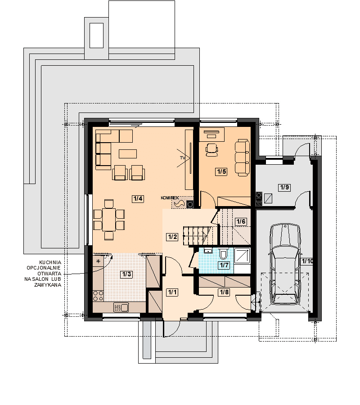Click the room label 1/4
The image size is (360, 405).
[138, 198]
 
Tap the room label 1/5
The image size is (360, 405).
[221, 171]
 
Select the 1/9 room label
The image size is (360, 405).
[284, 187]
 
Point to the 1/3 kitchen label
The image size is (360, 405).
[126, 274]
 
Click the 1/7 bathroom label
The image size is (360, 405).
[224, 265]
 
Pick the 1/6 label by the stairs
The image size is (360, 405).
[241, 221]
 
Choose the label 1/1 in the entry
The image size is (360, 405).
[172, 292]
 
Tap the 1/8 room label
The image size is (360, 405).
[224, 292]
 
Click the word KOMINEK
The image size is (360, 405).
[170, 198]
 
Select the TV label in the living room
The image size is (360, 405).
[183, 157]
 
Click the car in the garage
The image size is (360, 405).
[285, 264]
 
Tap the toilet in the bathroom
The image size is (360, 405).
[223, 253]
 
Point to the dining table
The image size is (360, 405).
[109, 220]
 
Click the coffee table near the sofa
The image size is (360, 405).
[128, 154]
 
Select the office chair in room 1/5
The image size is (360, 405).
[212, 150]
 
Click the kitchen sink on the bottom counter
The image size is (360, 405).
[121, 307]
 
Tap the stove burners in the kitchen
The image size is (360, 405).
[98, 296]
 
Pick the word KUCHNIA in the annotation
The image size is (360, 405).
[50, 262]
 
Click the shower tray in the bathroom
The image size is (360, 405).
[242, 256]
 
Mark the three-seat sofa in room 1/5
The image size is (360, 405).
[242, 158]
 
